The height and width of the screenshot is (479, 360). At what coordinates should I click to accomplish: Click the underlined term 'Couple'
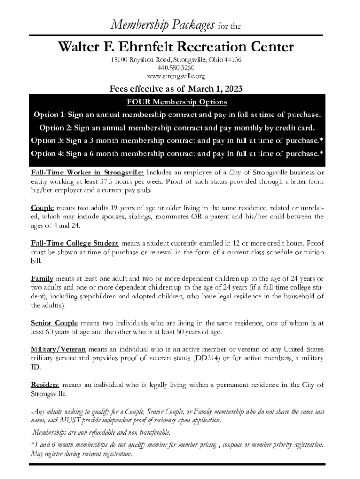pos(43,207)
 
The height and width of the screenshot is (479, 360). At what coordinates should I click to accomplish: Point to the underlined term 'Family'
pos(42,278)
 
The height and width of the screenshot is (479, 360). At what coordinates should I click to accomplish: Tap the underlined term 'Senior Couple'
pos(54,323)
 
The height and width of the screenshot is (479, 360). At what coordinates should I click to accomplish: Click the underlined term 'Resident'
pos(45,385)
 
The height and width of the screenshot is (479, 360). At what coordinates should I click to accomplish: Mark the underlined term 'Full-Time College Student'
pos(74,243)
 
